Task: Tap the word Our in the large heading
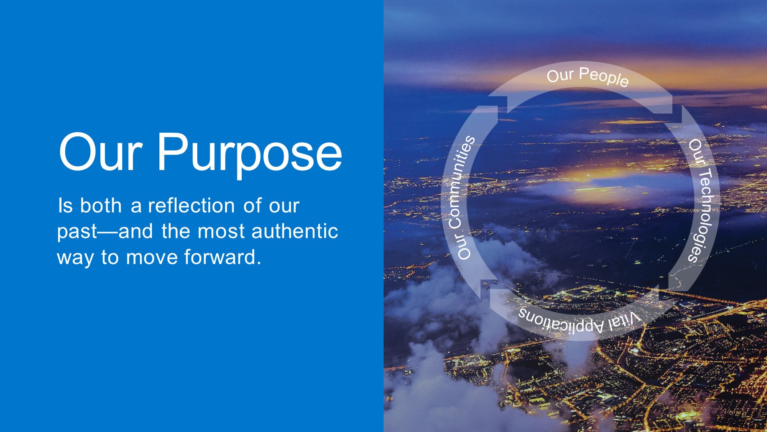coord(100,152)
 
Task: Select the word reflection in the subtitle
coord(191,205)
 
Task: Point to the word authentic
coord(295,231)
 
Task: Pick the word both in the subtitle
coord(101,205)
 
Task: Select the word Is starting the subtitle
coord(65,206)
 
